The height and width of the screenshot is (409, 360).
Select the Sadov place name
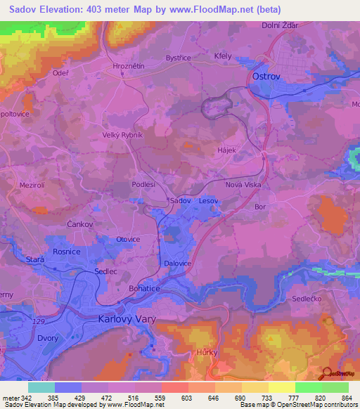pos(180,200)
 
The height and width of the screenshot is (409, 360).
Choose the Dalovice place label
pos(178,264)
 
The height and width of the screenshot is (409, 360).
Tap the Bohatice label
pos(146,288)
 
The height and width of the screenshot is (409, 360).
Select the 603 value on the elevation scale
pos(188,397)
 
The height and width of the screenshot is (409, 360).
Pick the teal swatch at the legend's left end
pos(41,387)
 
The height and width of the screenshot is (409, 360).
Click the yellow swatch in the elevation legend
pos(281,387)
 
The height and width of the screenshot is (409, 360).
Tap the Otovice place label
pos(128,239)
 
